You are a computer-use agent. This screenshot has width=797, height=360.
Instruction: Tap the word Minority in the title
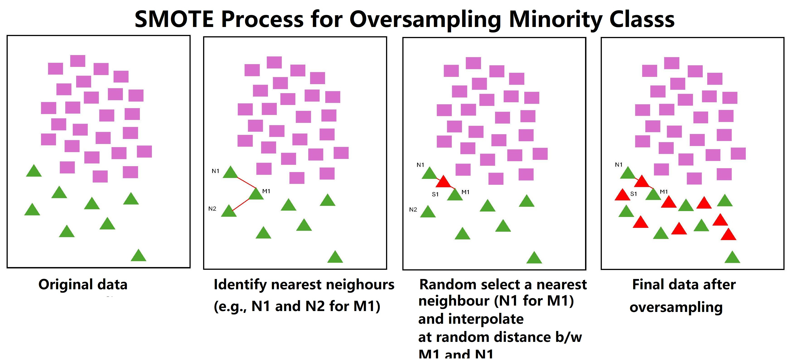click(555, 19)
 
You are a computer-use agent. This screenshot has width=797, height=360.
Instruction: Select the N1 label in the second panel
click(215, 171)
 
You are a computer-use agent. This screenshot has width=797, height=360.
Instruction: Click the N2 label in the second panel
click(212, 209)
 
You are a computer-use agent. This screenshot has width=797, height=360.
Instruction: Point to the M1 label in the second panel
click(266, 191)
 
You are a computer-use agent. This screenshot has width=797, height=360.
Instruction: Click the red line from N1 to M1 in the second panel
click(247, 183)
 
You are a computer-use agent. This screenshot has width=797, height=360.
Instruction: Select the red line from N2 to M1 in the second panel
click(241, 205)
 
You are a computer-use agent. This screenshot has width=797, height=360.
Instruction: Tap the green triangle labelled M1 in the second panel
click(256, 194)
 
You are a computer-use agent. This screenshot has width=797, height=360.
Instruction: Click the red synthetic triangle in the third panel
click(443, 182)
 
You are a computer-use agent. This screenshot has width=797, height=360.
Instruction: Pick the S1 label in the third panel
click(435, 194)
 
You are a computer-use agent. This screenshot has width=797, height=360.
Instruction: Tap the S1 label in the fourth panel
click(634, 194)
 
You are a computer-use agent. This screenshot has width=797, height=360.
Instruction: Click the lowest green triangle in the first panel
click(138, 256)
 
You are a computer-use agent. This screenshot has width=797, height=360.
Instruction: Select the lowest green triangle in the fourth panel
click(732, 258)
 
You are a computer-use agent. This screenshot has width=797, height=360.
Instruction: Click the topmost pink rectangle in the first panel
click(78, 61)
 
